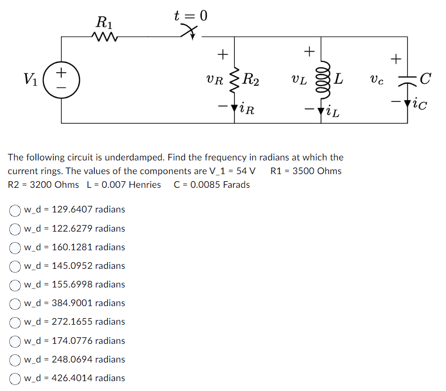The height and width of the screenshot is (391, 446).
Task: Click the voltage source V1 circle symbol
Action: [x=61, y=79]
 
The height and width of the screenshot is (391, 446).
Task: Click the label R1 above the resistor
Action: [x=104, y=22]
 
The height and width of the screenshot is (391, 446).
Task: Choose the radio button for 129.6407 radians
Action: [x=15, y=209]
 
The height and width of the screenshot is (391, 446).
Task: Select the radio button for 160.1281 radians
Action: [x=15, y=247]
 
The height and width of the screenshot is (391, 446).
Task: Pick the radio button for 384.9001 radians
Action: [x=15, y=303]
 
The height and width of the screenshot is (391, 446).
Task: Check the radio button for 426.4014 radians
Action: [x=15, y=378]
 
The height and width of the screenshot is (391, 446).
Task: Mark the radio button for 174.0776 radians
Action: [x=15, y=341]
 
